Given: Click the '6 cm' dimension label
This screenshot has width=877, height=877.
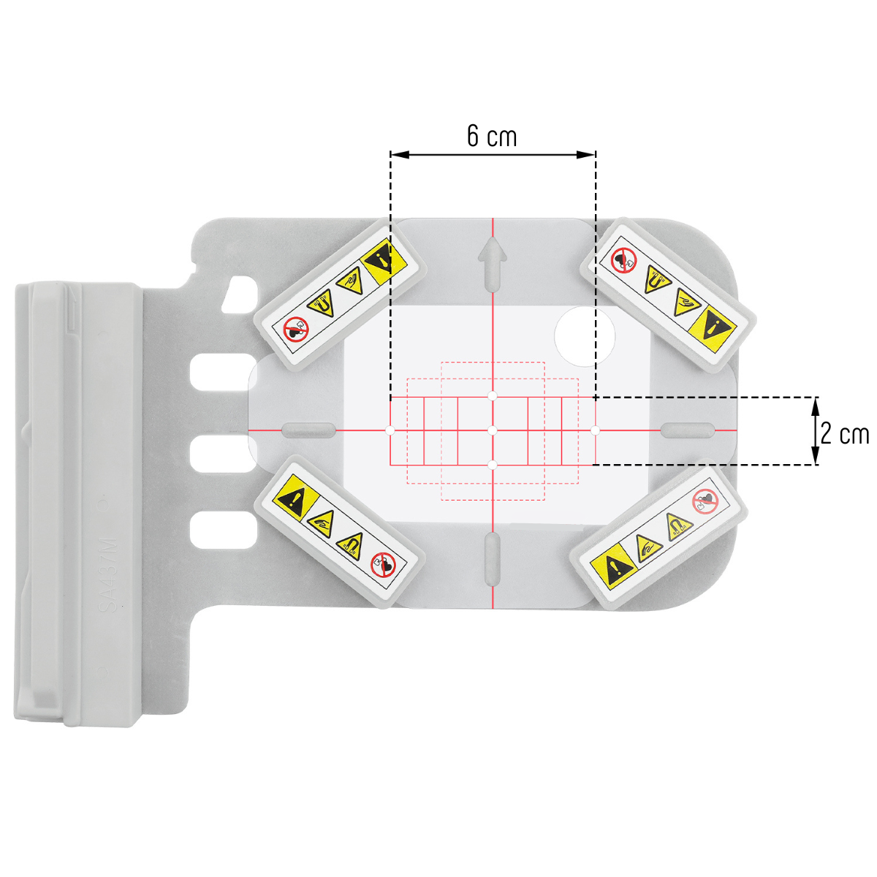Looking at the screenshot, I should tap(492, 136).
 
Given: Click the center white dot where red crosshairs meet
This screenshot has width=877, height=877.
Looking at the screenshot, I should tap(493, 430).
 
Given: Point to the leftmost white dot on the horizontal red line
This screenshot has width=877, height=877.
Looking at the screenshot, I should tap(390, 430).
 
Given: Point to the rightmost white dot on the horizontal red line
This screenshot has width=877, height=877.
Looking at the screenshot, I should tap(596, 430).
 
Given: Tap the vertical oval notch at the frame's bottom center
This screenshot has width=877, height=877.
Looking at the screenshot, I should tap(493, 559).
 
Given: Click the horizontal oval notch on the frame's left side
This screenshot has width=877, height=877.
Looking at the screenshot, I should tap(308, 430).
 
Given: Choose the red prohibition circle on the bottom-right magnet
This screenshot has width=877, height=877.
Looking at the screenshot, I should tap(705, 501).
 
